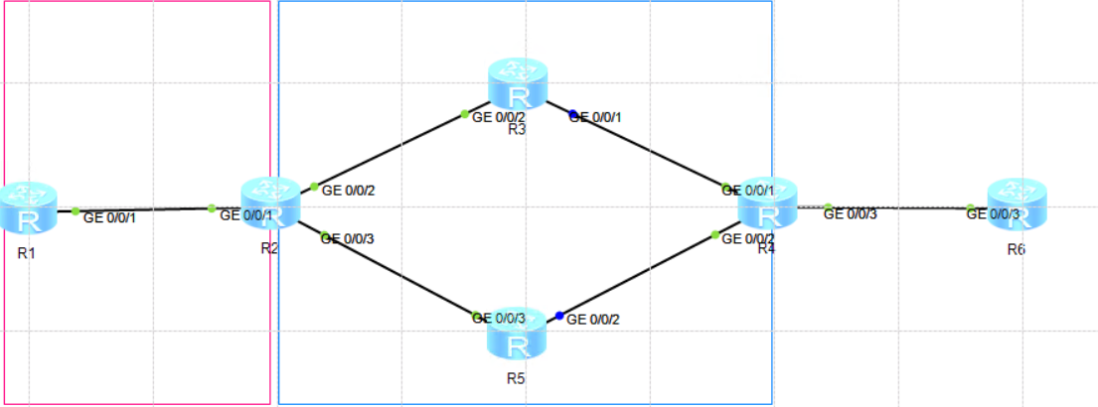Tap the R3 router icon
click(517, 83)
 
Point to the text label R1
click(27, 254)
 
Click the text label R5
click(515, 378)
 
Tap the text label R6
click(1016, 249)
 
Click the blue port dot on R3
click(572, 115)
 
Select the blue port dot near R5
click(559, 316)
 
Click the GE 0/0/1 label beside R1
click(109, 217)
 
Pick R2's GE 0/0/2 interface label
click(349, 190)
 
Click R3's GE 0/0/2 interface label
click(498, 117)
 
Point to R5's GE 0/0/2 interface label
click(592, 320)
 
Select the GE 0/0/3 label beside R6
click(995, 213)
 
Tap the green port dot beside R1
click(76, 210)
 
